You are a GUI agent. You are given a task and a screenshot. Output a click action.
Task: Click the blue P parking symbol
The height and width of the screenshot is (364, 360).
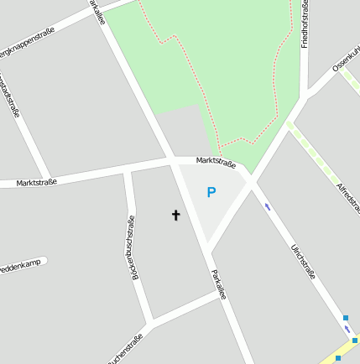[x=211, y=193]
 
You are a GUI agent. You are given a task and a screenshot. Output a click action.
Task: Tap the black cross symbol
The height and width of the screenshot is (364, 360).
[x=176, y=216]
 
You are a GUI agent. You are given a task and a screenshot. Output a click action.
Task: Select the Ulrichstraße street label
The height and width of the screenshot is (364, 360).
[x=302, y=261]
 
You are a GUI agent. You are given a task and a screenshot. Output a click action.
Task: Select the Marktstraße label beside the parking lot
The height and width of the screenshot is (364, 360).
[x=215, y=161]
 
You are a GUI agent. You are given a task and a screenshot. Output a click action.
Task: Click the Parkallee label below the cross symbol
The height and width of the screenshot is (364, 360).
[x=218, y=284]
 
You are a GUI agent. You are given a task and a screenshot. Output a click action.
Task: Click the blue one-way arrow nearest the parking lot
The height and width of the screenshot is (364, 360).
[x=268, y=206]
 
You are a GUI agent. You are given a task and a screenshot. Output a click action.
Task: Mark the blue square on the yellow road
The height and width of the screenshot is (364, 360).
[x=339, y=358]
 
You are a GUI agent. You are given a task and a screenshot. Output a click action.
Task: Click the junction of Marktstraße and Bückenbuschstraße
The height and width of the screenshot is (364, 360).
[x=128, y=172]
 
